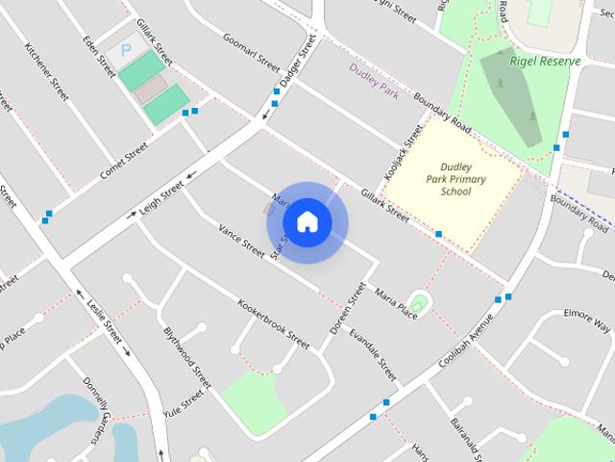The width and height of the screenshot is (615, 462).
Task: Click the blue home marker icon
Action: (307, 221)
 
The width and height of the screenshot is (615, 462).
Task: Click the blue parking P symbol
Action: (125, 49)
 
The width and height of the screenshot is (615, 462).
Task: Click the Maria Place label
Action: (396, 301)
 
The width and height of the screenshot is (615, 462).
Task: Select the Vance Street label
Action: (241, 240)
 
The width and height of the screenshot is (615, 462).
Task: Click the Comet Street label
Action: (124, 163)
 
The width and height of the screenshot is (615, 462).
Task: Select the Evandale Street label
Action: (373, 354)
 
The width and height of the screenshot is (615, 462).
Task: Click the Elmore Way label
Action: (587, 320)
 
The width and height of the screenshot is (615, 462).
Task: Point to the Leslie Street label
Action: (104, 320)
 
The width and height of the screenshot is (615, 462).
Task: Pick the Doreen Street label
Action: (348, 308)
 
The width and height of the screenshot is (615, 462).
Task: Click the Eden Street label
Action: (100, 57)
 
